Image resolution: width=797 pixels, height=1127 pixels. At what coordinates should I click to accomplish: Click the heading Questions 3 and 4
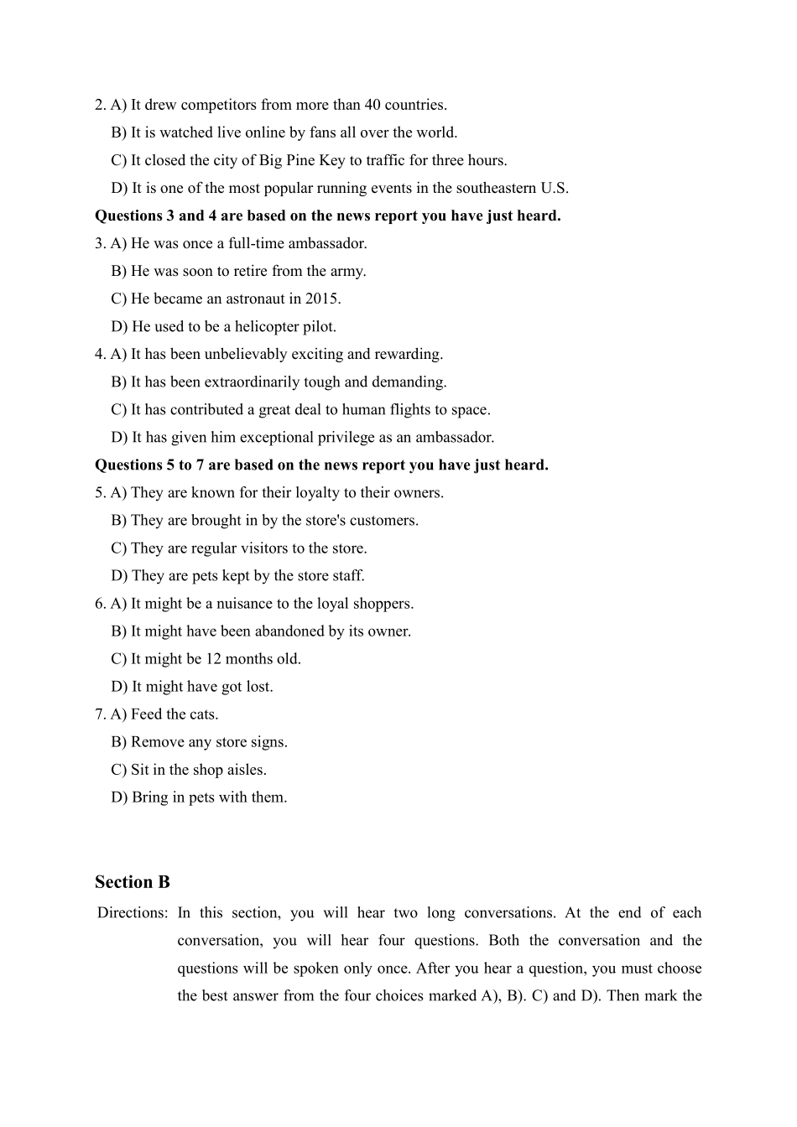pos(327,216)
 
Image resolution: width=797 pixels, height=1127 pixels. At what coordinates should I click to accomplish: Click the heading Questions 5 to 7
pos(321,465)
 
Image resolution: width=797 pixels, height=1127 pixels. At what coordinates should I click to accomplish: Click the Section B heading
pos(133,882)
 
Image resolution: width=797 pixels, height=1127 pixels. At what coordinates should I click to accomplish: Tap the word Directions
pos(132,912)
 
